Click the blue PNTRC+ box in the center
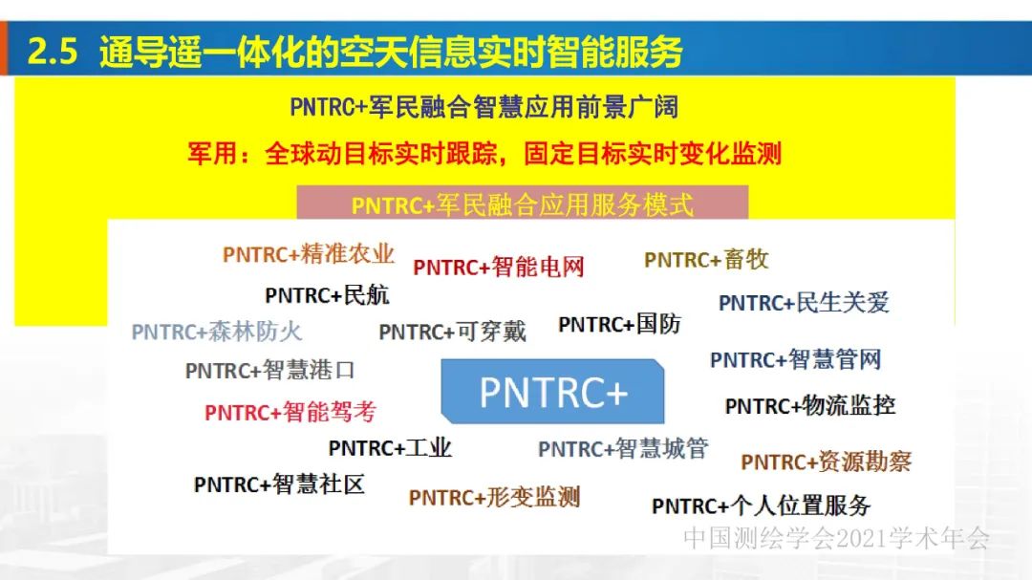click(x=552, y=392)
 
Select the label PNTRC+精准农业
click(x=308, y=254)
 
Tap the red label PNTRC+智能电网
click(x=498, y=267)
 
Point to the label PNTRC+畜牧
click(x=706, y=260)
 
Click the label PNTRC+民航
click(x=327, y=295)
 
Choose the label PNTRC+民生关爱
click(x=804, y=303)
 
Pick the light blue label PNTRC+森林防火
click(x=216, y=332)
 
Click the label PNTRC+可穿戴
click(x=452, y=332)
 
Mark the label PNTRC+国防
click(x=619, y=325)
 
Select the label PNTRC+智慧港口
click(x=269, y=370)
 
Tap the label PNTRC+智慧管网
click(x=795, y=360)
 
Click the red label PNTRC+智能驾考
click(x=290, y=412)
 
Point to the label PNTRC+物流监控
click(x=809, y=405)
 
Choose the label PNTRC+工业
click(x=390, y=447)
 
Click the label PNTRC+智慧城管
click(x=622, y=448)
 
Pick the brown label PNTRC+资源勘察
click(x=826, y=462)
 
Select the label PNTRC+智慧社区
click(x=279, y=484)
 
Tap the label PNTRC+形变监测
click(x=494, y=497)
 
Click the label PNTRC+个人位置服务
click(x=761, y=505)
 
